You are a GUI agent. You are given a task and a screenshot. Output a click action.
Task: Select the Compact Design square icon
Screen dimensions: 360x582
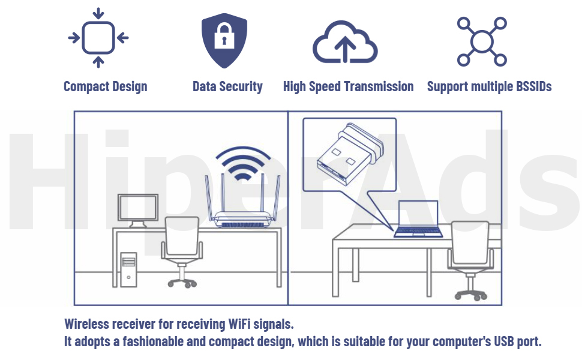(x=98, y=38)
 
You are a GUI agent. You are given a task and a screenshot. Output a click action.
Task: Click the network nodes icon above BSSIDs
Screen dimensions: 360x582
(x=482, y=41)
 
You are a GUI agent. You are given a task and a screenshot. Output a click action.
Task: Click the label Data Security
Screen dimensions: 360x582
(x=227, y=86)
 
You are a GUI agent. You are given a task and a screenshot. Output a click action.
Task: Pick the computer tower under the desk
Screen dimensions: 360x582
(x=128, y=269)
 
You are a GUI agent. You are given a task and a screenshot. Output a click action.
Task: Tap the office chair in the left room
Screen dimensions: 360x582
(x=181, y=249)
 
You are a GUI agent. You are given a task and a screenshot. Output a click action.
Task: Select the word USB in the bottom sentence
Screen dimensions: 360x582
(x=503, y=342)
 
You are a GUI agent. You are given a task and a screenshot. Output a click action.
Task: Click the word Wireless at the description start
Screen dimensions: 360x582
(x=88, y=325)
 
